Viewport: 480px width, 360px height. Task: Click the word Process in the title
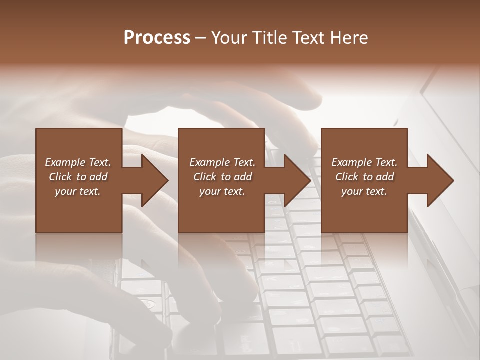tap(157, 38)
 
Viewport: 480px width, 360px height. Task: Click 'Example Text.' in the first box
tap(78, 162)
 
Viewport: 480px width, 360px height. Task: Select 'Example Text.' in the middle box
tap(222, 162)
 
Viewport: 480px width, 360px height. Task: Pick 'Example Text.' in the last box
tap(364, 162)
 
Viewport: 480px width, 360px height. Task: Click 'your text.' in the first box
tap(78, 192)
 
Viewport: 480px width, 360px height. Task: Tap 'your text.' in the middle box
tap(222, 192)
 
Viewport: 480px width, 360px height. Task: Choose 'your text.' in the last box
tap(364, 192)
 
